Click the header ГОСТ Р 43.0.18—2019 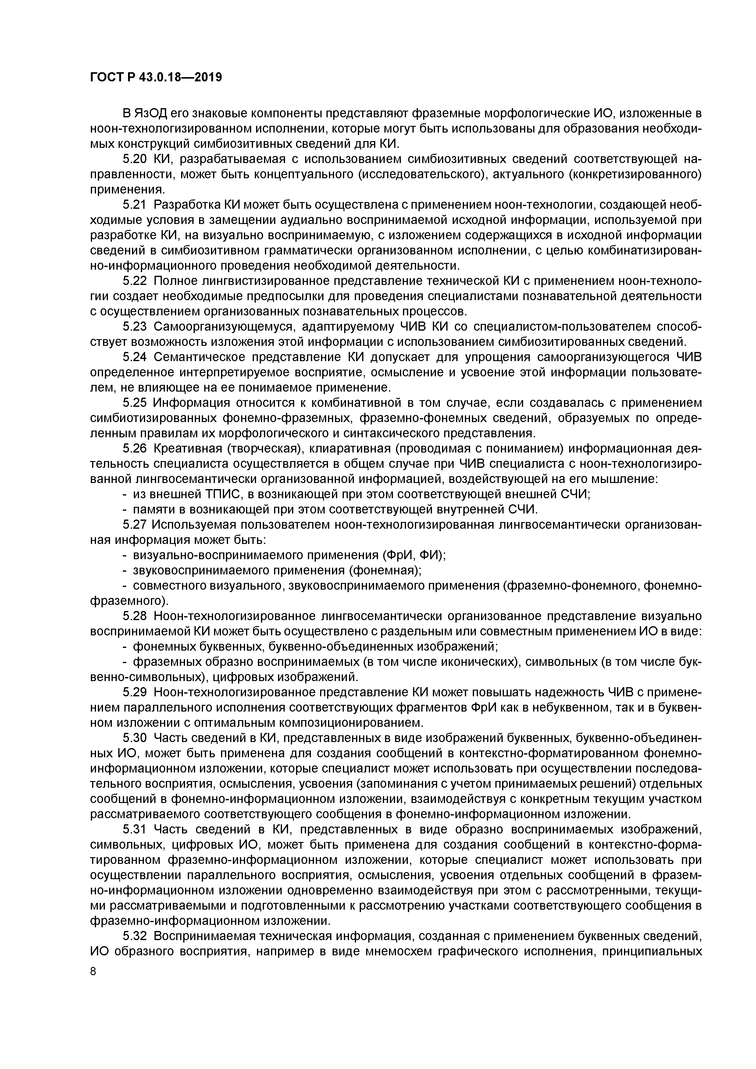pyautogui.click(x=155, y=77)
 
